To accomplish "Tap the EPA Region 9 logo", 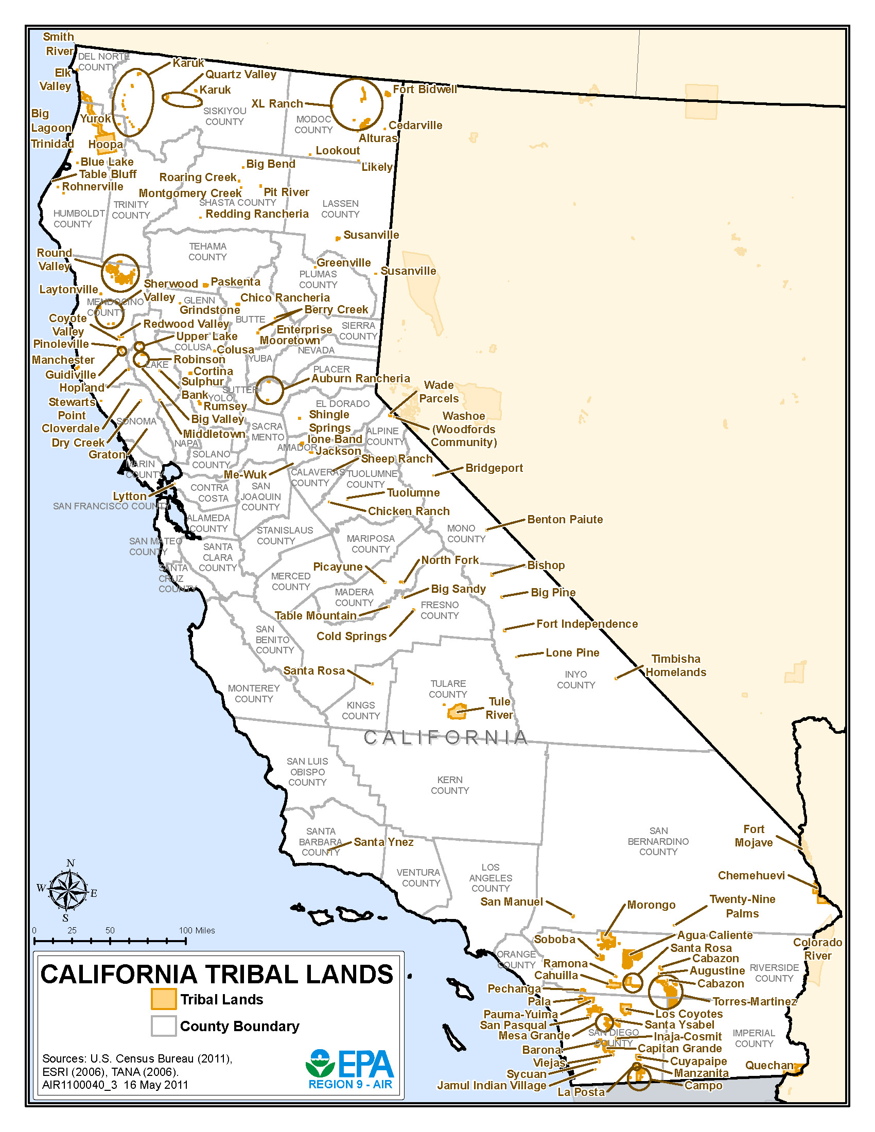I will coord(350,1069).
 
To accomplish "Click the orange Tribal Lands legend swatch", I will coord(163,999).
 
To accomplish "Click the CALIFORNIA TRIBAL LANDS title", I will coord(217,975).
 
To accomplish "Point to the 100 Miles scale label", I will coord(197,930).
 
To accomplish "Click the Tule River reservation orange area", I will coord(457,712).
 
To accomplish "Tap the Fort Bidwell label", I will coord(425,89).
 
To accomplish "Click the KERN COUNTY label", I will coord(449,785).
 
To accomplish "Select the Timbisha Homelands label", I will coord(675,665).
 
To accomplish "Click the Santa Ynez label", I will coord(383,842).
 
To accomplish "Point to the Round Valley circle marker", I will coord(120,273).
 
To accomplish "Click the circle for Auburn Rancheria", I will coord(269,391).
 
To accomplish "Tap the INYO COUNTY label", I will coord(575,680).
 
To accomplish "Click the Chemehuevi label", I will coord(751,875).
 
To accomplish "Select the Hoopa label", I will coord(105,144).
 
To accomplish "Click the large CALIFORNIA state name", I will coord(445,737).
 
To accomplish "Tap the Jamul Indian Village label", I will coord(492,1085).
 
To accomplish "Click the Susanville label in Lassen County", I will coord(371,235).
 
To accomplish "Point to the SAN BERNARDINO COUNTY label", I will coord(658,841).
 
